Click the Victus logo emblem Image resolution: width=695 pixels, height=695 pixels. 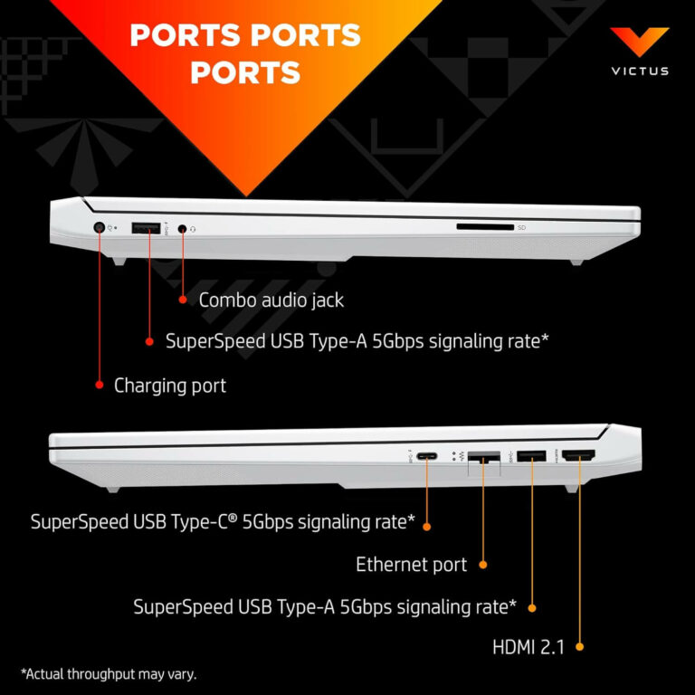tap(639, 42)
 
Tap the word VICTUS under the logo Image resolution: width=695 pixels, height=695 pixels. tap(639, 71)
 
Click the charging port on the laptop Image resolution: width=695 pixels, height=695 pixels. tap(100, 229)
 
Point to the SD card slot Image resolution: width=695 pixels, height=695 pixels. tap(484, 227)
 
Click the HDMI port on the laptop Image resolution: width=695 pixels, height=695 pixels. tap(579, 457)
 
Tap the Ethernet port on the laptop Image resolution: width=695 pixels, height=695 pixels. tap(483, 458)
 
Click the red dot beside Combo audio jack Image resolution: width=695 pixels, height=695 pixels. tap(182, 299)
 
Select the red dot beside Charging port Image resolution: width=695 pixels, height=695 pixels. tap(100, 385)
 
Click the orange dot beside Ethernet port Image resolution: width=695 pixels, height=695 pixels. tap(483, 565)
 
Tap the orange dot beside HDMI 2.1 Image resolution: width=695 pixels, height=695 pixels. tap(579, 646)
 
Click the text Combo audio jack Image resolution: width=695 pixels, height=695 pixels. tap(271, 300)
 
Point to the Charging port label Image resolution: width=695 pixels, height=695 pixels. tap(170, 386)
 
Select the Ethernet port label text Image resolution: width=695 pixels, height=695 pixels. tap(411, 565)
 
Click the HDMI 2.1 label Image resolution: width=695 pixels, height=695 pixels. tap(528, 646)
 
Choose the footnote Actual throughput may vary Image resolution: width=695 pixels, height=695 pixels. tap(109, 673)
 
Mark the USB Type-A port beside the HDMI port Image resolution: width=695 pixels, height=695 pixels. tap(531, 457)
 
